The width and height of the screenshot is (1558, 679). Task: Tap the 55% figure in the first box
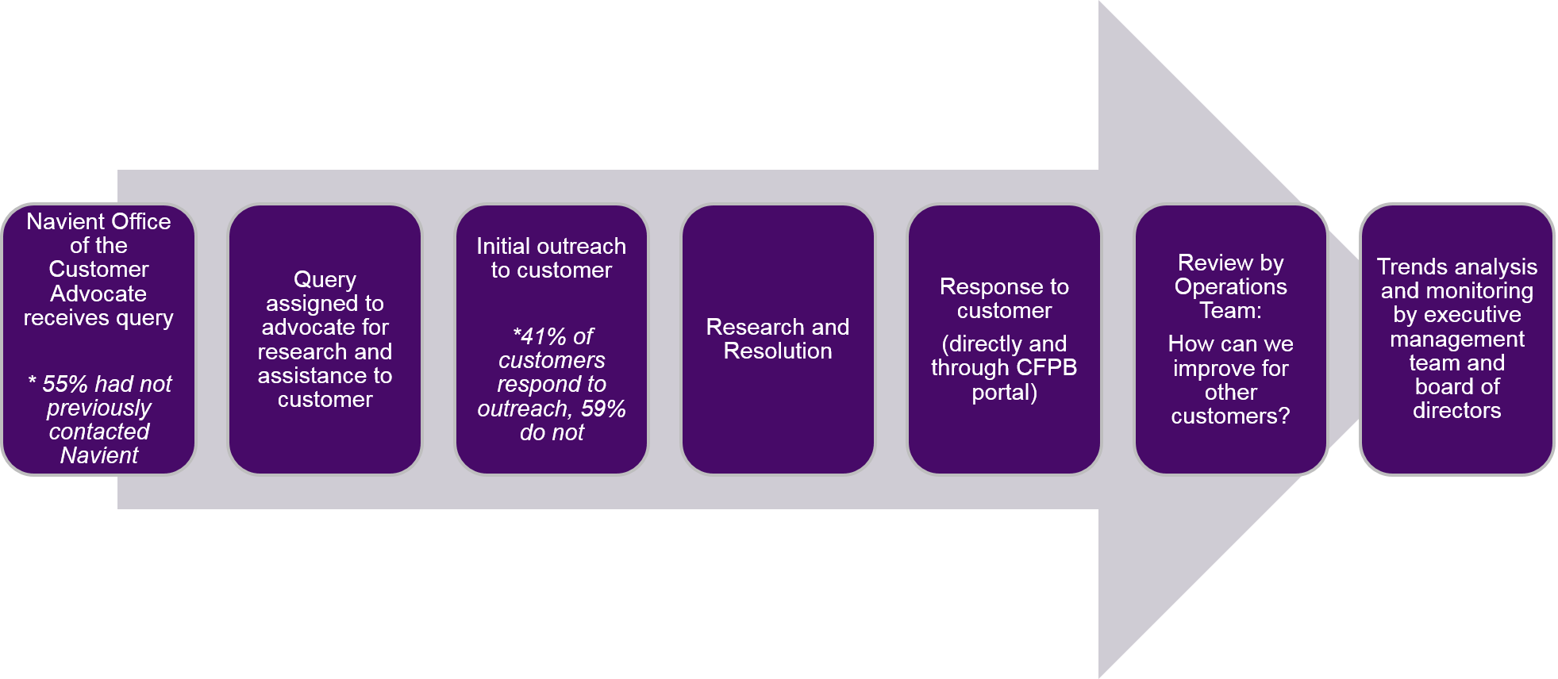pos(64,384)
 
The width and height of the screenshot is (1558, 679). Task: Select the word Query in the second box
pos(325,281)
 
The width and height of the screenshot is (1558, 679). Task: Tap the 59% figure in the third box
pos(603,409)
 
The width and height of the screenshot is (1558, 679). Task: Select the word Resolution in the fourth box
pos(778,351)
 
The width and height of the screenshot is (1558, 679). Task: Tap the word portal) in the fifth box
pos(1004,393)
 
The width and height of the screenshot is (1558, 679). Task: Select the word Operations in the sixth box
pos(1231,287)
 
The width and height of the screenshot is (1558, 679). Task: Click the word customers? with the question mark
pos(1230,416)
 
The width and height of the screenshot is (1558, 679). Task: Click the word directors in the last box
pos(1457,410)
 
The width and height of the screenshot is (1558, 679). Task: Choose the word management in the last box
pos(1457,339)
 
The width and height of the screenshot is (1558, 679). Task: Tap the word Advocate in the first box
pos(98,293)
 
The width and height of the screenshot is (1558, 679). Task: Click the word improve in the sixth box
pos(1207,369)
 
